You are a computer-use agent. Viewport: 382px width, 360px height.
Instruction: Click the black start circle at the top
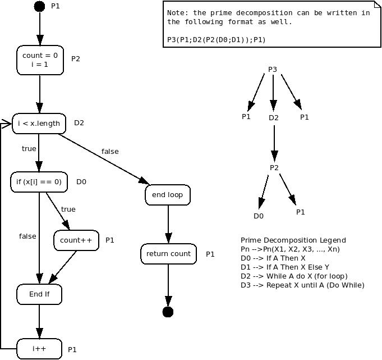(39, 7)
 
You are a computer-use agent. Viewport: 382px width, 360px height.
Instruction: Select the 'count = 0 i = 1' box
(40, 60)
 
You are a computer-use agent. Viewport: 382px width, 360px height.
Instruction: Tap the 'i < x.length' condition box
(39, 124)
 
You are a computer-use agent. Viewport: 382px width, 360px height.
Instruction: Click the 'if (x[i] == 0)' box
(39, 182)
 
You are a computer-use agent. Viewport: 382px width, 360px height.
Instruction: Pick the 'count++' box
(76, 240)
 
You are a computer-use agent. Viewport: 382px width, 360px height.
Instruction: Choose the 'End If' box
(39, 294)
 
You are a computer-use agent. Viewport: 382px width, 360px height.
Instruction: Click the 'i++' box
(39, 349)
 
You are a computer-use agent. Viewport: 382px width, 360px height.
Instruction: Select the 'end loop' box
(168, 195)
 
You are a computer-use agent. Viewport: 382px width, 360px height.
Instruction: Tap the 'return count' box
(168, 254)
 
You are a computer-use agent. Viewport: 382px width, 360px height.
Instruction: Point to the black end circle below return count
(168, 312)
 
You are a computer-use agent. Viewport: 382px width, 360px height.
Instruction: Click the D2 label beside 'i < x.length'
(79, 123)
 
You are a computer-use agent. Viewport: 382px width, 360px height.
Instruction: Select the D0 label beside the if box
(81, 182)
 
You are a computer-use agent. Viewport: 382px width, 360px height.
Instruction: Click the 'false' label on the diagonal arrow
(110, 152)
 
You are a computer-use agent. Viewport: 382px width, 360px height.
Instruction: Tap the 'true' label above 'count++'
(68, 209)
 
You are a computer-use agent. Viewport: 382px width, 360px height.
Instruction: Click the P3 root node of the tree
(273, 70)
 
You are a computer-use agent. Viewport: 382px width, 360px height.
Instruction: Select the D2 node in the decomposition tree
(273, 118)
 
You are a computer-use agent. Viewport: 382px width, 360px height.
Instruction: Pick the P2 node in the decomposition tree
(274, 168)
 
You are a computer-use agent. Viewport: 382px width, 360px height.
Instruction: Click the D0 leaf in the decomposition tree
(259, 216)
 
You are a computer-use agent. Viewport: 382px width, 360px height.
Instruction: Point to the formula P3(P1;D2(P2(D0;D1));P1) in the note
(216, 40)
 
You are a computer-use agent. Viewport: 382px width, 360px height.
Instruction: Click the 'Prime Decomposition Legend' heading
(293, 240)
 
